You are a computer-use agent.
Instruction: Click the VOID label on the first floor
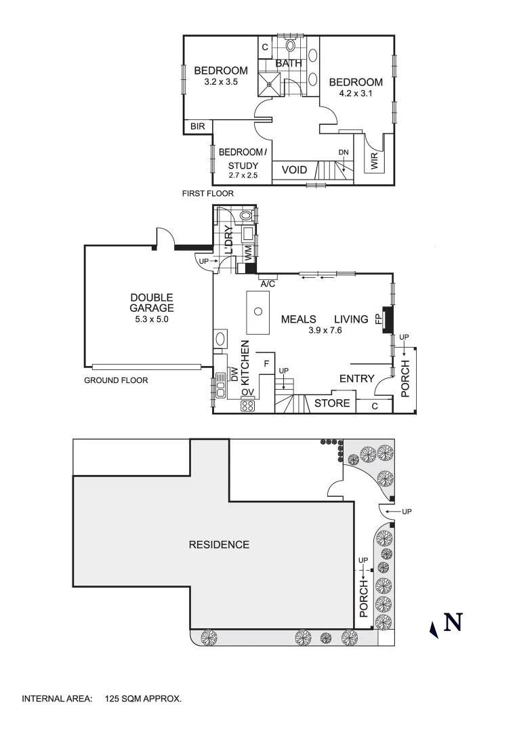(294, 170)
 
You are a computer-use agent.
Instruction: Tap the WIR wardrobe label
(373, 160)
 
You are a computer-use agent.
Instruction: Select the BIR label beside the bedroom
(197, 126)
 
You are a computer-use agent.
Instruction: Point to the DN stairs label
(344, 152)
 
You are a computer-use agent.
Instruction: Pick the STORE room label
(333, 403)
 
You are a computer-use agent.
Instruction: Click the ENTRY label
(356, 378)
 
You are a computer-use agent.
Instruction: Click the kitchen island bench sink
(257, 312)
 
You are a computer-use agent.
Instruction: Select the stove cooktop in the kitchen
(247, 406)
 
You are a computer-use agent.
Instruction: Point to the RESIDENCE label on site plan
(219, 544)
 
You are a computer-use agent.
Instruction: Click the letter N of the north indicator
(453, 622)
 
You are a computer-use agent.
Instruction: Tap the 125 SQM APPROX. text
(144, 697)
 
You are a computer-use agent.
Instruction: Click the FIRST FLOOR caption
(207, 193)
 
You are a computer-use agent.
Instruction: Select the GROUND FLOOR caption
(116, 380)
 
